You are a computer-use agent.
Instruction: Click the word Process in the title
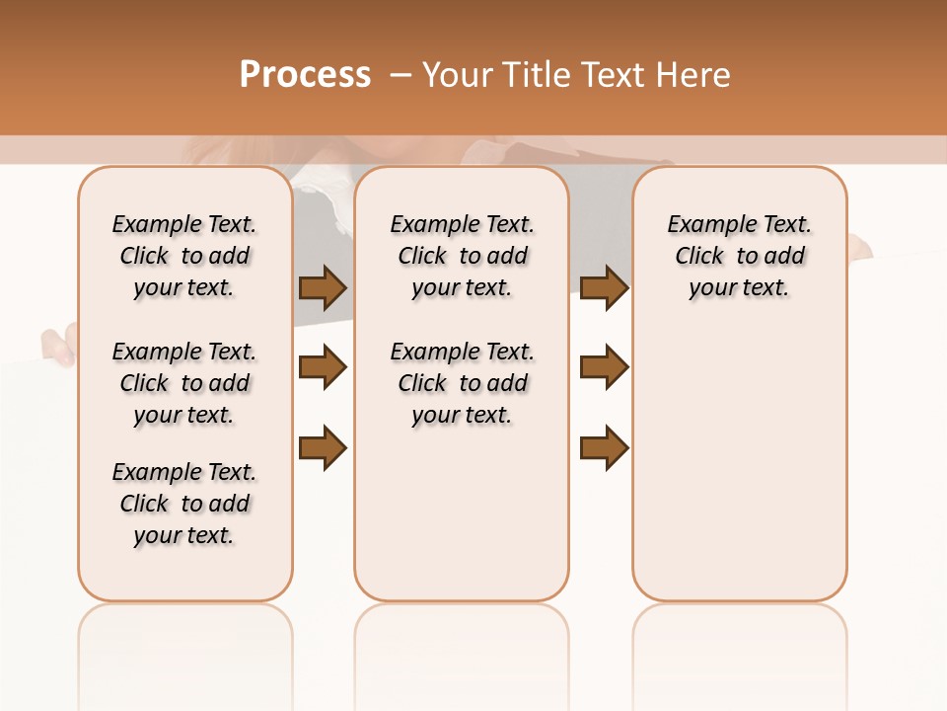(305, 75)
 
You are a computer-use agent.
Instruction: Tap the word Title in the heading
(531, 75)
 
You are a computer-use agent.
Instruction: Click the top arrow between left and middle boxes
(323, 287)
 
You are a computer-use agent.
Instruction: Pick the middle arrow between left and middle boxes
(323, 367)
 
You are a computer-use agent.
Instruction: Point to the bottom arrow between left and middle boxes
(323, 447)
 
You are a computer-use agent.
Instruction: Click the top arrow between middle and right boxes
(604, 287)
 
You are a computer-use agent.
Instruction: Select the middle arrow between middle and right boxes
(604, 367)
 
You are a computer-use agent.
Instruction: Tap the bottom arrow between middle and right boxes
(604, 447)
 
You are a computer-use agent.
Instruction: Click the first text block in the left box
(184, 256)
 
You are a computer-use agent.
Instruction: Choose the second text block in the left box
(184, 383)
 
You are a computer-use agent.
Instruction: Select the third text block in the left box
(184, 504)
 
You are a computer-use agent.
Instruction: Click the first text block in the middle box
(463, 256)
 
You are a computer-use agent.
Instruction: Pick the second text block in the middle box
(463, 383)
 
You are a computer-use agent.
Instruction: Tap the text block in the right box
(740, 256)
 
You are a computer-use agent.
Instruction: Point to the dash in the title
(401, 75)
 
